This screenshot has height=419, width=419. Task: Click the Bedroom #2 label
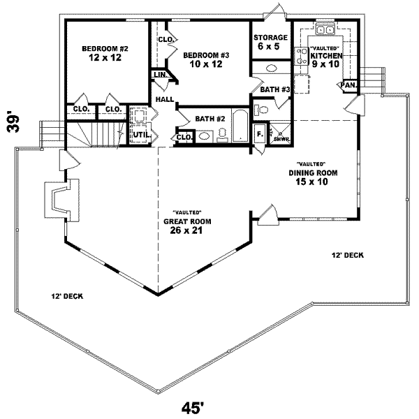coord(105,49)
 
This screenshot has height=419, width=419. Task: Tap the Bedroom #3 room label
coord(206,55)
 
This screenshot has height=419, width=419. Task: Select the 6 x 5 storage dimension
coord(269,46)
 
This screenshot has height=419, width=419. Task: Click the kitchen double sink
coord(325,29)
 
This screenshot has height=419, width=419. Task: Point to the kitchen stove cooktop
coord(302,56)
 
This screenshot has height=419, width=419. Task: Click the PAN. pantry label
coord(348,85)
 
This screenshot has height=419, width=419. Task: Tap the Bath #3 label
coord(275,89)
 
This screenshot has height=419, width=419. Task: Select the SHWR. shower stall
coord(280,133)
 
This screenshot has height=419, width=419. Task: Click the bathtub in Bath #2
coord(241,125)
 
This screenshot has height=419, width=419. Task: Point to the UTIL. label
coord(142,135)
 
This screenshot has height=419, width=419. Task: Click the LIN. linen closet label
coord(161,75)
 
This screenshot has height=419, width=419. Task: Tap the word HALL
coord(165,99)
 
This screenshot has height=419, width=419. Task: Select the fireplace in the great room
coord(61,200)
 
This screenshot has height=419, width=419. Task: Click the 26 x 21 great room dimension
coord(186,230)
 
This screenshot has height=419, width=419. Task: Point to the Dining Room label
coord(313,173)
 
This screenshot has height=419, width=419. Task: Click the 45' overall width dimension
coord(193,408)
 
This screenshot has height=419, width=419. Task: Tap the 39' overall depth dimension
coord(13,124)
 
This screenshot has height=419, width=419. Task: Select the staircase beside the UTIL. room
coord(96,134)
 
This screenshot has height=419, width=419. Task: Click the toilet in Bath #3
coord(261,110)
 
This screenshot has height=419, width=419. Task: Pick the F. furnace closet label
coord(260,134)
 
